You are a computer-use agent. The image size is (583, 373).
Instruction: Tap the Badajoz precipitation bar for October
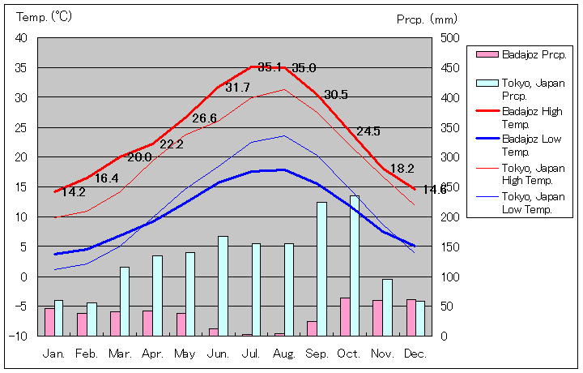point(345,316)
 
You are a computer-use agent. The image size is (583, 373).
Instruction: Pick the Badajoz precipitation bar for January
point(49,322)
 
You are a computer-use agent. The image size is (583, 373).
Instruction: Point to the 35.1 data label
point(270,66)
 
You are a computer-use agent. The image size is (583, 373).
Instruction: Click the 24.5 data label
point(368,131)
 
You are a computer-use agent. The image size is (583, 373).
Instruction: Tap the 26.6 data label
point(204,118)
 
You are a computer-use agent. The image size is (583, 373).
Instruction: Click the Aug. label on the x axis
point(284,354)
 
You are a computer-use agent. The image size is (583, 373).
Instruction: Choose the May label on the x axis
point(185,354)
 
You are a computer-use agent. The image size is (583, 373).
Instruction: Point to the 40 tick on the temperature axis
point(21,38)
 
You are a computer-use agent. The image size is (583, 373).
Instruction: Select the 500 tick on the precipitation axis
point(450,38)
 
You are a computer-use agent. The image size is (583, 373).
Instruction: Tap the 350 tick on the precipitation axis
point(450,127)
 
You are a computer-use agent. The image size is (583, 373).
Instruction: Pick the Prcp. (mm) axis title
point(427,19)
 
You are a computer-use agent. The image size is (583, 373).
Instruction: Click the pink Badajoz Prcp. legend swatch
point(486,54)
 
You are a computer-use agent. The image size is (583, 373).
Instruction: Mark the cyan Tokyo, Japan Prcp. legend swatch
point(486,83)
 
